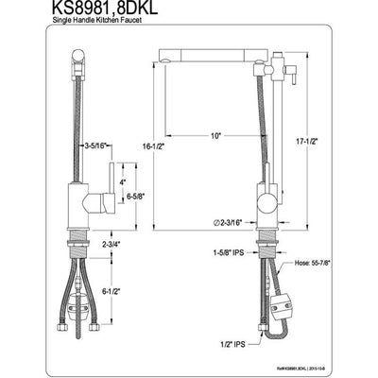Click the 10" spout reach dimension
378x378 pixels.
[216, 137]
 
